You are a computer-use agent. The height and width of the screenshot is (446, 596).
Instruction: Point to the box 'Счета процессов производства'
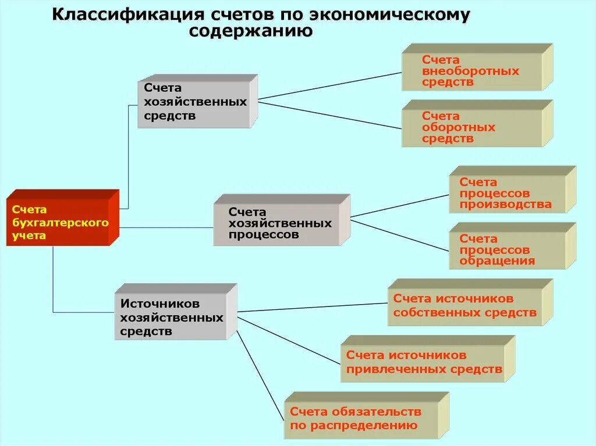click(506, 194)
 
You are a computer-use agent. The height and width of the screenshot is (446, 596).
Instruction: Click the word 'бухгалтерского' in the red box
click(61, 223)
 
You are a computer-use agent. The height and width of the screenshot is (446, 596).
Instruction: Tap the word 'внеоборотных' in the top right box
click(470, 71)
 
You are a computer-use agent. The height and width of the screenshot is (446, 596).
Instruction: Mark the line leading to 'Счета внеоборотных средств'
click(329, 86)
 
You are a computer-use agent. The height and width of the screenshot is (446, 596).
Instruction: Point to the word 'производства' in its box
click(505, 205)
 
